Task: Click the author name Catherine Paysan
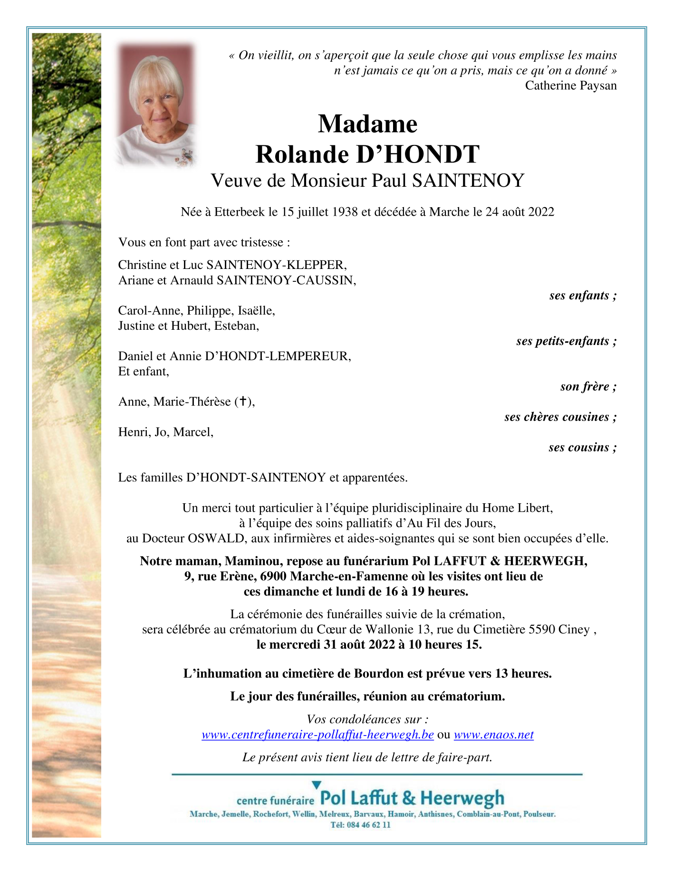tap(571, 86)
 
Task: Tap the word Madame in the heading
tap(367, 124)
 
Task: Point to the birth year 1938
tap(345, 212)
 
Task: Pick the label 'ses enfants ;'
tap(583, 296)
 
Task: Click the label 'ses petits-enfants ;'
tap(566, 341)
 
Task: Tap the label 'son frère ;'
tap(588, 387)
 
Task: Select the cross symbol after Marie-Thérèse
tap(242, 402)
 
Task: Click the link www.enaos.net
tap(493, 735)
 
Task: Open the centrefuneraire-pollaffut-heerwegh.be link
tap(317, 735)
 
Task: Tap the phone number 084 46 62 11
tap(368, 825)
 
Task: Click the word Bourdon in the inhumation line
tap(381, 674)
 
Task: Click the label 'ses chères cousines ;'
tap(560, 417)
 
